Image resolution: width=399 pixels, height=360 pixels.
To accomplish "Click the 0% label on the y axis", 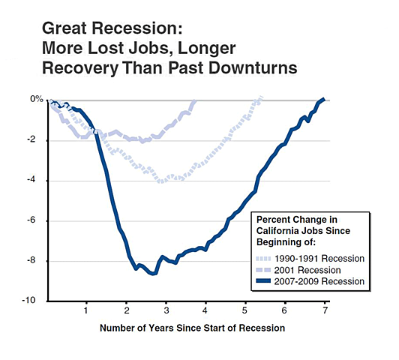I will coord(36,100).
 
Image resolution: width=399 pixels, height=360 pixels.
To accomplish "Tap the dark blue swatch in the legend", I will coord(261,281).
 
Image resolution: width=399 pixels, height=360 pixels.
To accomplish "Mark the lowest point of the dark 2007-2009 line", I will coord(154,274).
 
